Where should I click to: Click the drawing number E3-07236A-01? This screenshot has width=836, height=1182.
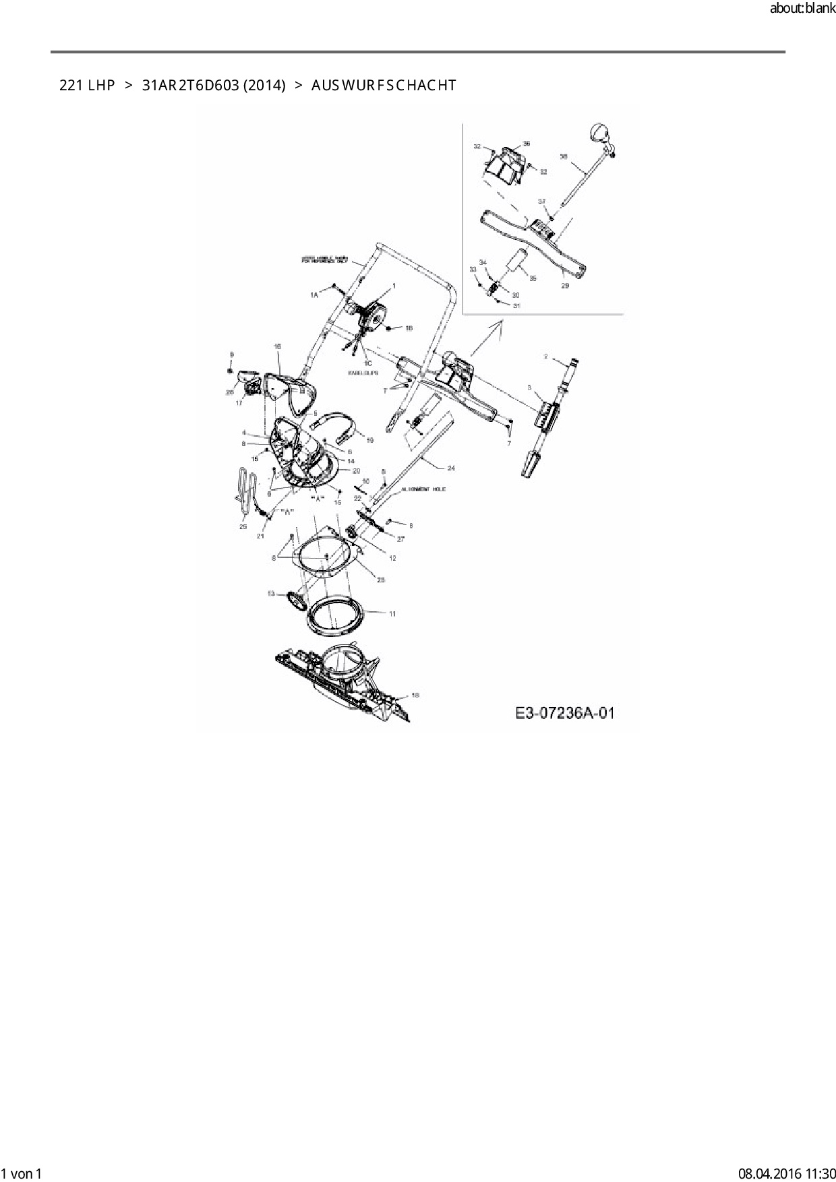(x=565, y=713)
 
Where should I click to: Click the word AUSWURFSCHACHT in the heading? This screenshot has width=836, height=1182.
(x=384, y=86)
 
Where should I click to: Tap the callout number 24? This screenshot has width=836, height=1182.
(x=451, y=467)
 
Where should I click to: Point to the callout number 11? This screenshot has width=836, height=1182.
(x=392, y=614)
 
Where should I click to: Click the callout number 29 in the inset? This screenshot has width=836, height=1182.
(x=565, y=286)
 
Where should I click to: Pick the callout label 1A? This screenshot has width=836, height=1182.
(x=314, y=295)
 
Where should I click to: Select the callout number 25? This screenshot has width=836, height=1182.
(x=243, y=526)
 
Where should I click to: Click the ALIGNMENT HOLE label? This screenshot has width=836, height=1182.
(x=423, y=489)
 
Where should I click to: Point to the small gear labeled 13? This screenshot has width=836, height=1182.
(x=295, y=599)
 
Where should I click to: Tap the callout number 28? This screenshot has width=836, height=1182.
(x=380, y=580)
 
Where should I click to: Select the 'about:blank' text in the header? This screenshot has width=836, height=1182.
(x=802, y=9)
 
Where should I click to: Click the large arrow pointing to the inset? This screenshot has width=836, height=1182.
(x=487, y=337)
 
